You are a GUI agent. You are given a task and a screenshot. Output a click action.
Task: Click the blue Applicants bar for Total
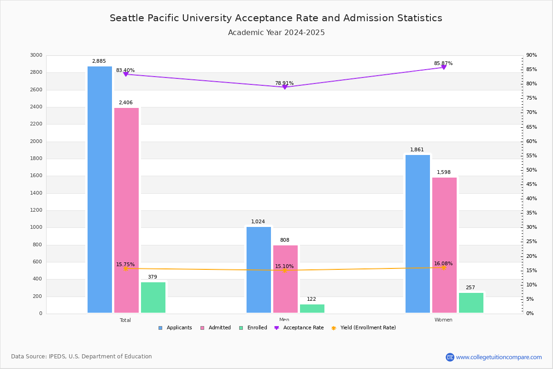coord(100,189)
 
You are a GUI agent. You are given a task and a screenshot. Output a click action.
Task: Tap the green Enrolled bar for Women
coord(471,303)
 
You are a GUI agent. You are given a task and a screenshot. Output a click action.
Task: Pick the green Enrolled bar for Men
coord(312,309)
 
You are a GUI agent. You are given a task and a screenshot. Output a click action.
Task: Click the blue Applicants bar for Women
coord(418,234)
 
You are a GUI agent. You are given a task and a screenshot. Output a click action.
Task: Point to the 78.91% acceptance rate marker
coord(285,87)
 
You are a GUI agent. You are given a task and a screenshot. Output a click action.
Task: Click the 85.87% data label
coord(443,64)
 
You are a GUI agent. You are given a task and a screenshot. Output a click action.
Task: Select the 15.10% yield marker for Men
coord(285,271)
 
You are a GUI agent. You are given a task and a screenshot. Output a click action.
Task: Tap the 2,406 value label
coord(125,103)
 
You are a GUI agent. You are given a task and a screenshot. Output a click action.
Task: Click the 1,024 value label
coord(258,222)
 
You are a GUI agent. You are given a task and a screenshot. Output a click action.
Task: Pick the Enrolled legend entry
coord(257,328)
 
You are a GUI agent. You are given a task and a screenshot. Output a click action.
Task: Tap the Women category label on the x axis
coord(443,320)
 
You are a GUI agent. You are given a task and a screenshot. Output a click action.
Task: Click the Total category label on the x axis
coord(125,320)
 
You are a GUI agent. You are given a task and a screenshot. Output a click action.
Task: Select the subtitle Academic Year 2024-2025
coord(276,33)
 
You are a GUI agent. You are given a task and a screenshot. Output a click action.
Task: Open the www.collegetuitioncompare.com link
coord(499,357)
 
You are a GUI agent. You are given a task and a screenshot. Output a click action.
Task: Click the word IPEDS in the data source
coord(58,357)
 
